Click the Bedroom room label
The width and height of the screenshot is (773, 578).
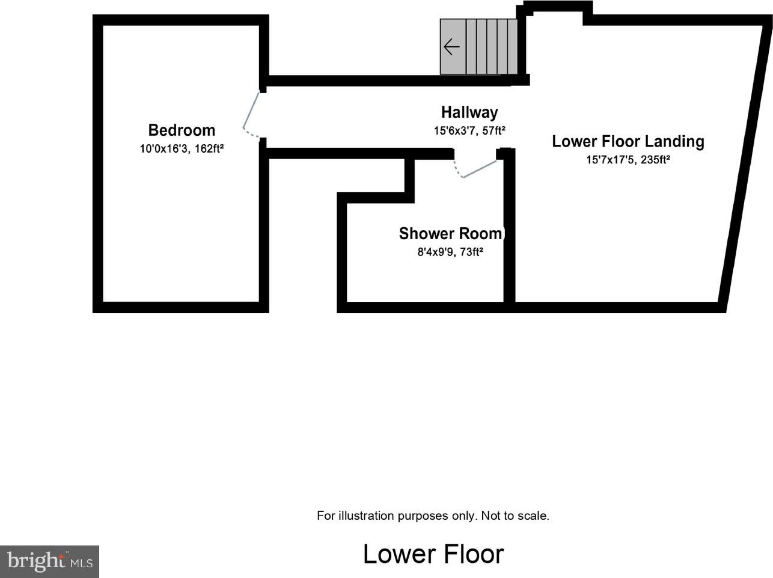click(182, 130)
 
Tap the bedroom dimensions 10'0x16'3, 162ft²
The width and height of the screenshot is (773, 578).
click(182, 149)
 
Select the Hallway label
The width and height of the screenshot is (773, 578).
click(469, 112)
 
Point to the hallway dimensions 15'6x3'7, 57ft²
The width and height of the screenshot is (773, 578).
click(469, 131)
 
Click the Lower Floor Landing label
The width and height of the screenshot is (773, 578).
click(628, 141)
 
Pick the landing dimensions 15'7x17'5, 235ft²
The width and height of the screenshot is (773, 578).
click(628, 160)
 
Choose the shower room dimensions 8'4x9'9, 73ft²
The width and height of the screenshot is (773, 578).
click(450, 252)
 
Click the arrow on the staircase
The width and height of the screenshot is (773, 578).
click(451, 47)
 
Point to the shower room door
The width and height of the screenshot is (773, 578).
click(475, 169)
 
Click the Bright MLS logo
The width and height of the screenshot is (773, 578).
click(49, 561)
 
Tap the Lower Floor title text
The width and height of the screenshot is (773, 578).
click(433, 554)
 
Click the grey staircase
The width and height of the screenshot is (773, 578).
click(478, 47)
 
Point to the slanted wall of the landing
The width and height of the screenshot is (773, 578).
click(746, 163)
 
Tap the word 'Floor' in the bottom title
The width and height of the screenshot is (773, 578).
click(473, 554)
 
